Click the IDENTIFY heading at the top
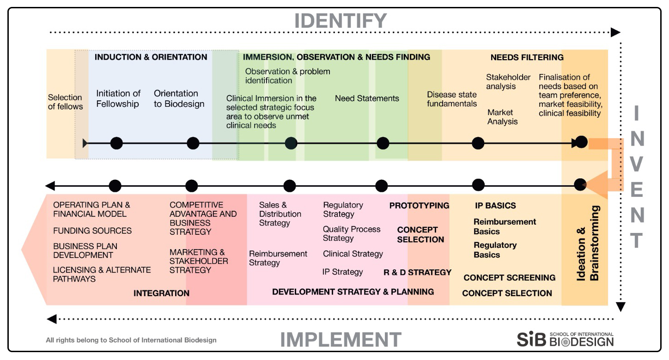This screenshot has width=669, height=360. [341, 21]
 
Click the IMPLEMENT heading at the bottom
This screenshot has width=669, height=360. [341, 340]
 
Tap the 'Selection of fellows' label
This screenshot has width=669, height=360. [65, 102]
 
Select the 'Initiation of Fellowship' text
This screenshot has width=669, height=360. [118, 98]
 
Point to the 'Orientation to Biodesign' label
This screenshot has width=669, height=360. [179, 98]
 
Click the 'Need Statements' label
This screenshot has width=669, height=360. [367, 98]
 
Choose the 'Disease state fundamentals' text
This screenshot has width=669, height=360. [451, 99]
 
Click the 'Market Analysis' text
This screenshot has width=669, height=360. [502, 117]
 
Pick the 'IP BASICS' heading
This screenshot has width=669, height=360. [495, 206]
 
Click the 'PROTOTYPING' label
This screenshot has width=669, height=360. [419, 206]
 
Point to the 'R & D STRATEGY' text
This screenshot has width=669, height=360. [417, 273]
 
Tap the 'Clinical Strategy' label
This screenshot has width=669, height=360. [353, 254]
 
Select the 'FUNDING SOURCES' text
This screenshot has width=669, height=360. [92, 231]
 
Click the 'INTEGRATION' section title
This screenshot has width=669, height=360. [161, 293]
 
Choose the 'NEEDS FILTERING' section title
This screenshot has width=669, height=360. [527, 57]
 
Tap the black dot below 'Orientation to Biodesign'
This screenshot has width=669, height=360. [193, 143]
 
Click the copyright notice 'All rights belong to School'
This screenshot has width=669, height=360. [131, 340]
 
